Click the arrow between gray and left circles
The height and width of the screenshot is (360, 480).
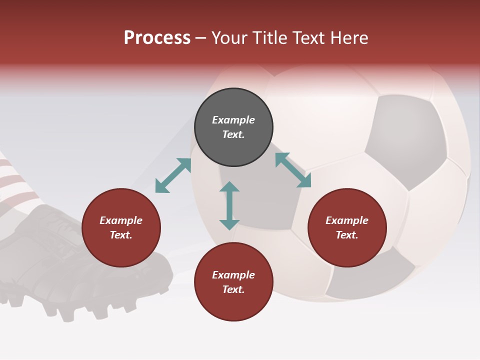(173, 175)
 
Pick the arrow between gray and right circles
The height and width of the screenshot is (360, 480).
(293, 170)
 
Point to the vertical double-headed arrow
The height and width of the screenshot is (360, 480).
(229, 205)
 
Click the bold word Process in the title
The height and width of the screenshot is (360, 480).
(157, 37)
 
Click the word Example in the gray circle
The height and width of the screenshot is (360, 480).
(233, 120)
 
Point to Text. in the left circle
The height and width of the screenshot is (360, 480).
(121, 235)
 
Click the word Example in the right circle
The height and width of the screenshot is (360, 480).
(347, 220)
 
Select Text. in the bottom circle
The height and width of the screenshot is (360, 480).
(233, 289)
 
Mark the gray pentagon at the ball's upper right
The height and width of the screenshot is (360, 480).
(407, 140)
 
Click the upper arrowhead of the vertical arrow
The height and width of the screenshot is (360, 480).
(229, 186)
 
